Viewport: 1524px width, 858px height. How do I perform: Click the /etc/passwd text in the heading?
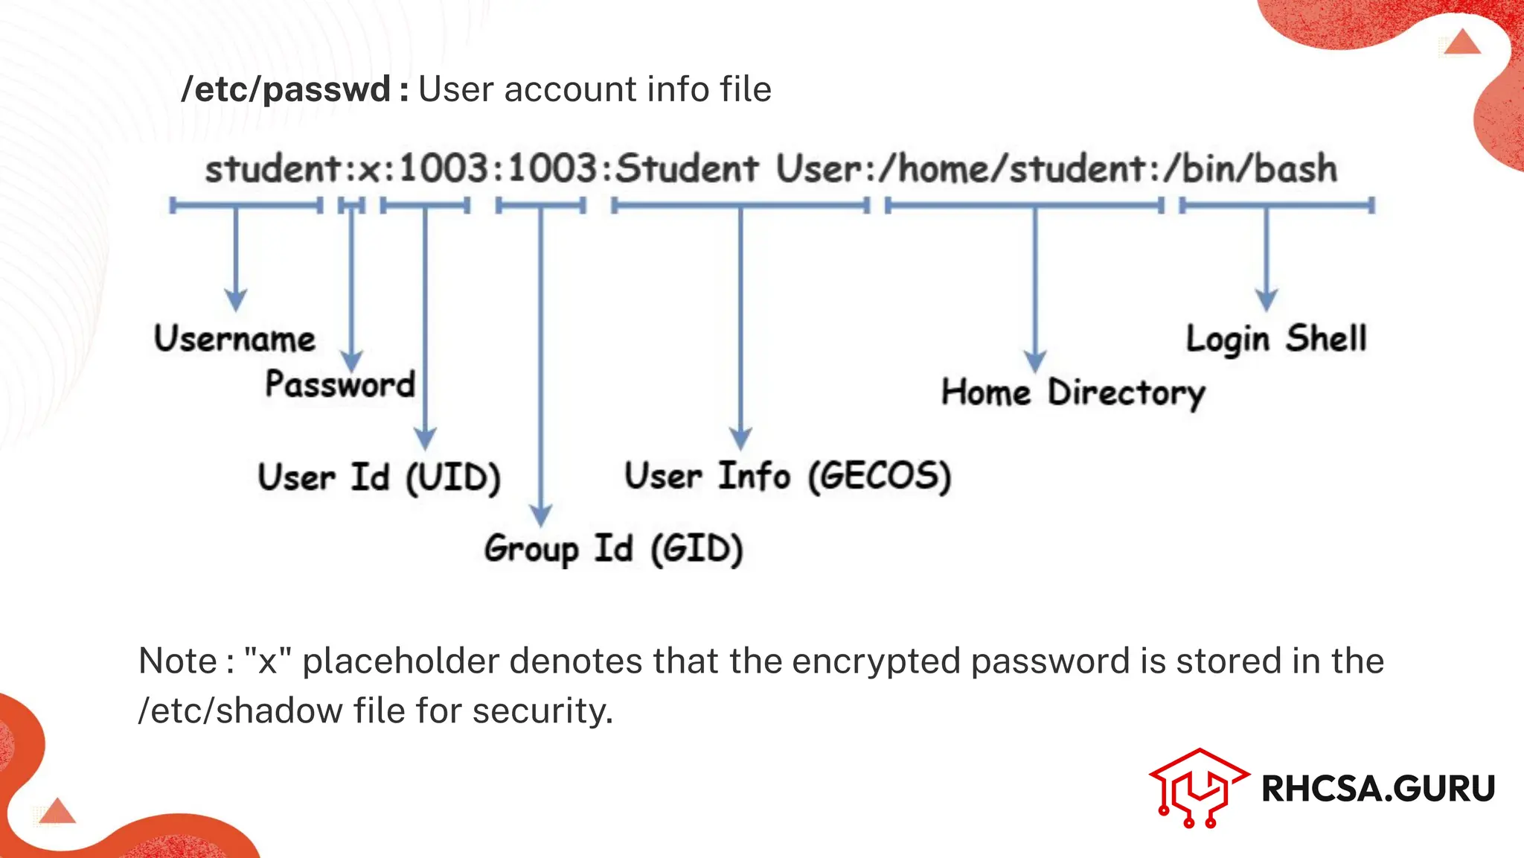click(286, 89)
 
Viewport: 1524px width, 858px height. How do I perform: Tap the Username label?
click(234, 339)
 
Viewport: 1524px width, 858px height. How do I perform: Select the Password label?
click(340, 384)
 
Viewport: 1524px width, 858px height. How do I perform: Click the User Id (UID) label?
click(379, 477)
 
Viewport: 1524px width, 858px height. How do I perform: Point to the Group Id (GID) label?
click(613, 550)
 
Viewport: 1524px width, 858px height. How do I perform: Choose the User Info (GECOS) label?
click(787, 477)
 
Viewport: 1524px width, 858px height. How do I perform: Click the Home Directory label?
click(1072, 393)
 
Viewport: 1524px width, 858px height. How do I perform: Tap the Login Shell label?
click(1276, 339)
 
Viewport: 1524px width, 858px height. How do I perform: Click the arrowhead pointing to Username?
click(236, 301)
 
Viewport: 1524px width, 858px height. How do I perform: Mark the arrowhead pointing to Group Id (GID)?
click(541, 515)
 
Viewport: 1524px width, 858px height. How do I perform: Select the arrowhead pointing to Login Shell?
click(1267, 301)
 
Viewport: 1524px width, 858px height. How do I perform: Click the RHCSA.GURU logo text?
click(1378, 789)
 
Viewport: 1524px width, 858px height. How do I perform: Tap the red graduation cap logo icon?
click(1197, 786)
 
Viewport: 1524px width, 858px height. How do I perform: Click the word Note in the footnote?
click(178, 661)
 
